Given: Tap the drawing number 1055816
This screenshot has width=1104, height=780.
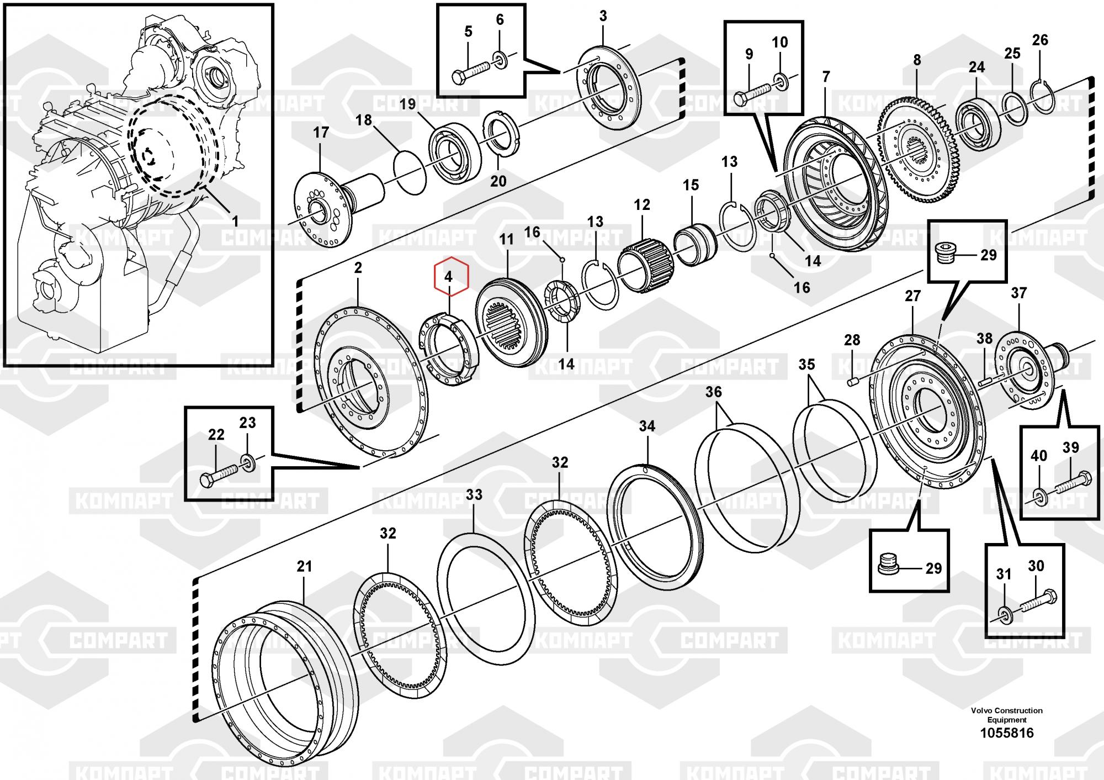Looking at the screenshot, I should (x=1006, y=733).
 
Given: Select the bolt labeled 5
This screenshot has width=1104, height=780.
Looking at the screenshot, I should (x=470, y=72).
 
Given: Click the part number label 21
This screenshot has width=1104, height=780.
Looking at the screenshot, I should (x=304, y=566).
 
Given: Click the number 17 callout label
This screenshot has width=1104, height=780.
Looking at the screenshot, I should (x=321, y=133).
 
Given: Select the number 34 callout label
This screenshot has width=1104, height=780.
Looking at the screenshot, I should (x=647, y=426).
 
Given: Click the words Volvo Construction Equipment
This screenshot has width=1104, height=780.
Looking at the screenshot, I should (x=1006, y=715).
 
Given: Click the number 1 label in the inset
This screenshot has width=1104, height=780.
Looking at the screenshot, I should (x=235, y=222).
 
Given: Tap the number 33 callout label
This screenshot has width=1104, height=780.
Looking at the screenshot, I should (x=474, y=494).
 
